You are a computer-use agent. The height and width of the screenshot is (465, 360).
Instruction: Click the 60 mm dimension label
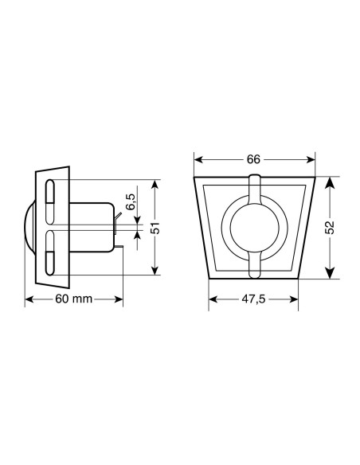point(74,299)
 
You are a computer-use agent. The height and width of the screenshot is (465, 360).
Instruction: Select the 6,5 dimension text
point(131,203)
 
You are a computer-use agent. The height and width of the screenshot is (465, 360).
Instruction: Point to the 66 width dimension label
point(253,158)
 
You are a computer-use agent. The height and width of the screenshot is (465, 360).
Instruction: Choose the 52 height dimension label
point(329,227)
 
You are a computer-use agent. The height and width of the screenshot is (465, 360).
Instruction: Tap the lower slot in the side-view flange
point(49,252)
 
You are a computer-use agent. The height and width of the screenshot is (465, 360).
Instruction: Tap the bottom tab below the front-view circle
point(253,268)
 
